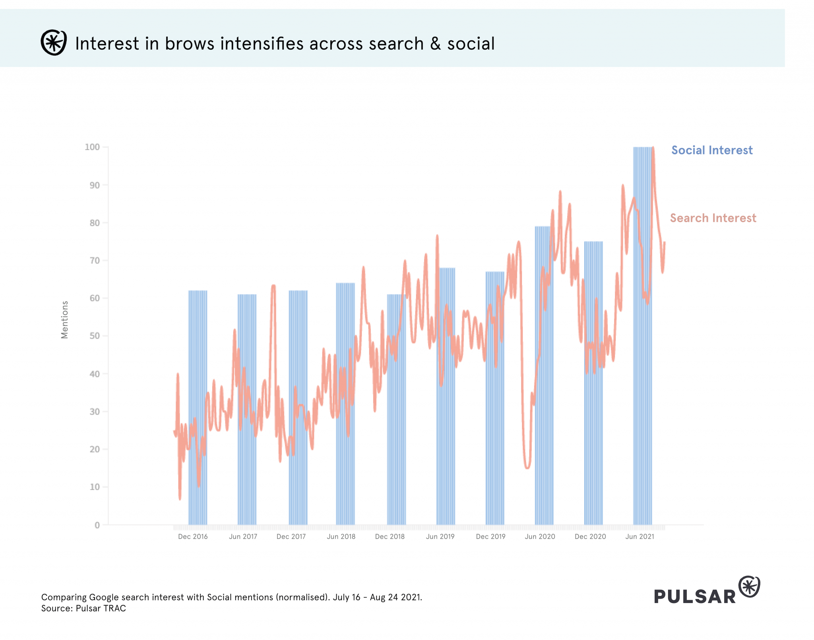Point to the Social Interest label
(x=711, y=150)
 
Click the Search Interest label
(x=713, y=218)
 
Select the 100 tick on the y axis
(x=92, y=147)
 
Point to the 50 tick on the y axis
(x=95, y=336)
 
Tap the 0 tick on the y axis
(x=97, y=525)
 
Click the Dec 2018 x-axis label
(x=390, y=537)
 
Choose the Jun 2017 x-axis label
(x=243, y=537)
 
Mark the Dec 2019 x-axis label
(x=490, y=537)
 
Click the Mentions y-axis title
(x=64, y=320)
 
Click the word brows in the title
(x=189, y=44)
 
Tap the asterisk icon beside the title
(x=54, y=43)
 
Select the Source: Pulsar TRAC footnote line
(x=83, y=609)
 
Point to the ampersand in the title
(x=435, y=44)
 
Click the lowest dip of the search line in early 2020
(x=527, y=467)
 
